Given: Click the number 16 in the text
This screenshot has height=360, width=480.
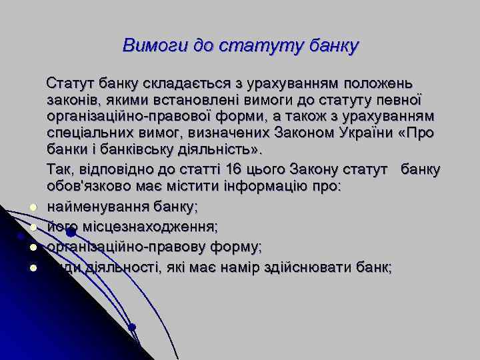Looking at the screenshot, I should click(235, 169).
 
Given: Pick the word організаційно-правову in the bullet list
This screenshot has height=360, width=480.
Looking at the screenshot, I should click(117, 247).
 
